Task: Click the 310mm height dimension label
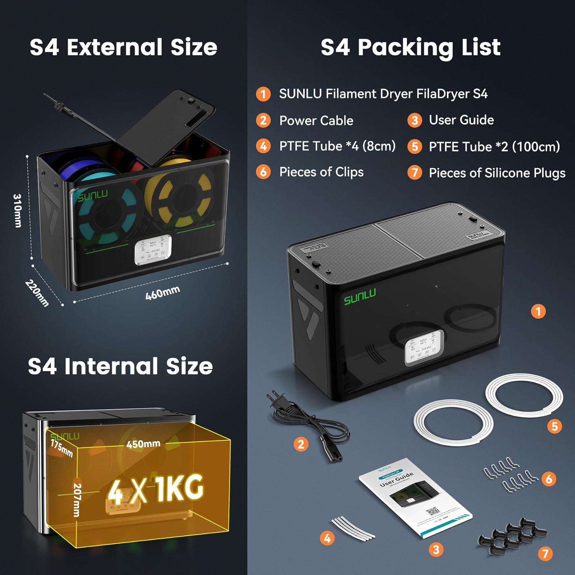(18, 210)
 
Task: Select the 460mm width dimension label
(163, 293)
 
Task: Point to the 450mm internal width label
(143, 444)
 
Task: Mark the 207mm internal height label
(77, 499)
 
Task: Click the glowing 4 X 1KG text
(155, 489)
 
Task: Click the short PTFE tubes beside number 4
(353, 528)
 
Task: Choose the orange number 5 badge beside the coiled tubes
(554, 426)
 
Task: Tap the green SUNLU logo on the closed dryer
(360, 297)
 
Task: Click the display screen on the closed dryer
(424, 347)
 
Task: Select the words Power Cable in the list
(316, 120)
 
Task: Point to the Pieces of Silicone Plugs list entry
(497, 173)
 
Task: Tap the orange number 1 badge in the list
(263, 94)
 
